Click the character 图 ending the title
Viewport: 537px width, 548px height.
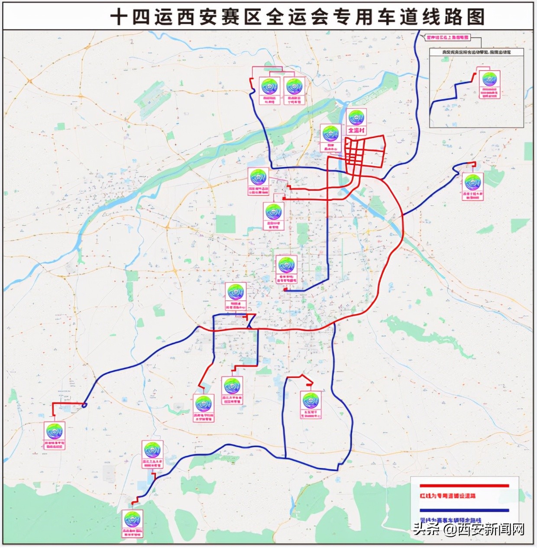click(x=475, y=17)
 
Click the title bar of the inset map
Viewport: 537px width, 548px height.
click(x=476, y=52)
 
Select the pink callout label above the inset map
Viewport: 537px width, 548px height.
click(x=447, y=38)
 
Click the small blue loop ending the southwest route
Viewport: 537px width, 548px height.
click(x=84, y=405)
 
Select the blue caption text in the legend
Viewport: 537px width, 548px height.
click(x=450, y=520)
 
